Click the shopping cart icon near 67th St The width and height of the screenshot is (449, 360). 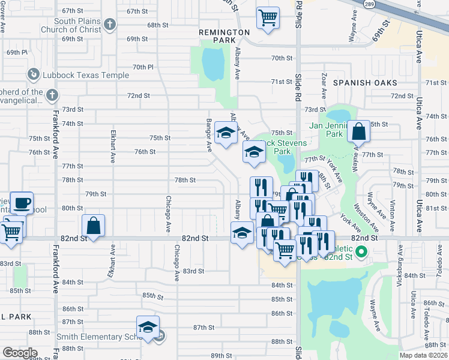pos(268,16)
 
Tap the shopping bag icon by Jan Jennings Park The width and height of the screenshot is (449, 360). pos(358,131)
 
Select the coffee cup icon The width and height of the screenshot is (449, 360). pos(22,202)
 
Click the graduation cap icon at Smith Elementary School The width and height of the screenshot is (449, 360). pos(148,327)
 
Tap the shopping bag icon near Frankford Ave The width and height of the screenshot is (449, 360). pos(93,226)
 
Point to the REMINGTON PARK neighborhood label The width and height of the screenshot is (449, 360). pos(225,32)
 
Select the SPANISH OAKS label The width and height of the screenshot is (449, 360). pos(358,82)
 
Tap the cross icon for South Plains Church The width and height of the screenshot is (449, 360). pos(109,25)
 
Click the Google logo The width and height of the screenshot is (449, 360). pos(20,353)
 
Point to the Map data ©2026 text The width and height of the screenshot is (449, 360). pos(423,355)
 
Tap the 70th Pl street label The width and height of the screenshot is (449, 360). pos(143,67)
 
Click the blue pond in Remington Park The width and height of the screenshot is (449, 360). pos(212,62)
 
